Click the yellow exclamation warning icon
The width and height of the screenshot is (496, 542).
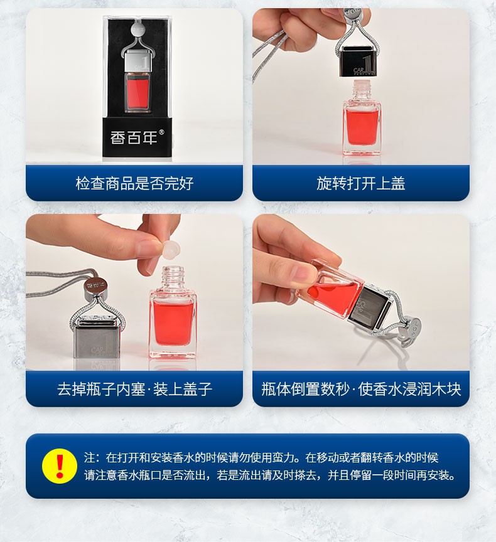(60, 465)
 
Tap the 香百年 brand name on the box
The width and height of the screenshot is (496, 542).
(134, 137)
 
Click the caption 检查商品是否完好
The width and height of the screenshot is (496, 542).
(134, 183)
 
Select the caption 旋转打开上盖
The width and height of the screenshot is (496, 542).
(361, 183)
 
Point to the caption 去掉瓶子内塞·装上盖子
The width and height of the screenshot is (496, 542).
(134, 389)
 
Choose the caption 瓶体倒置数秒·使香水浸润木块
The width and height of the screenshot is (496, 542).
(361, 389)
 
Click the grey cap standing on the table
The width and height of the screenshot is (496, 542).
(95, 341)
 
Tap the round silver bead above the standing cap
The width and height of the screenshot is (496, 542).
(96, 285)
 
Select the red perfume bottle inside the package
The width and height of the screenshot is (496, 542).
(137, 92)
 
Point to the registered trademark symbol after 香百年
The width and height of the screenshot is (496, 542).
(161, 132)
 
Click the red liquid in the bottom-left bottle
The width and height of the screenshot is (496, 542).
(173, 323)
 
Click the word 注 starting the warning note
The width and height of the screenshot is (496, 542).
(90, 457)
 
